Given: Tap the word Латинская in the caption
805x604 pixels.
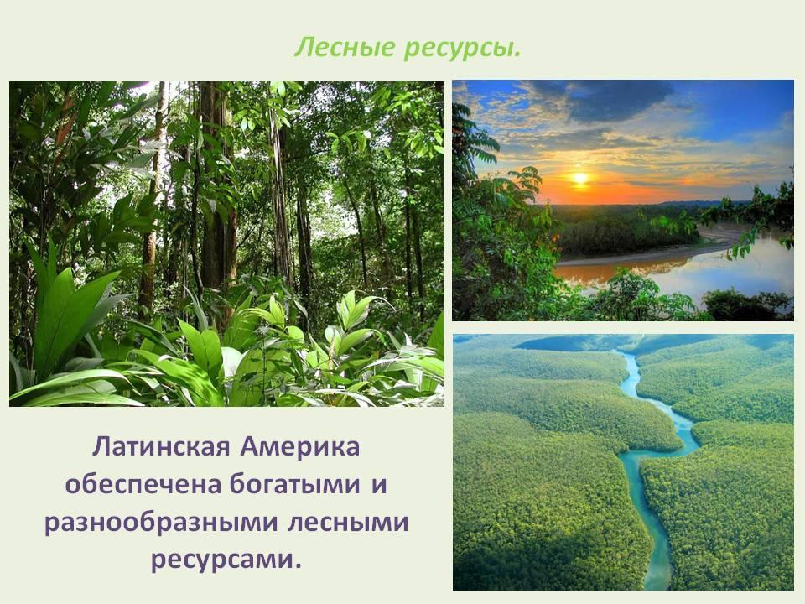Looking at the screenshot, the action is coord(161,446).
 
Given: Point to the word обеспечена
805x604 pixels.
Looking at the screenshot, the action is coord(143,484).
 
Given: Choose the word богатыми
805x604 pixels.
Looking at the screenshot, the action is coord(294,484).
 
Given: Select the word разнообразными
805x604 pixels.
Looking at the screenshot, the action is coord(161,523).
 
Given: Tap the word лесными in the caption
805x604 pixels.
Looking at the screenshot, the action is coord(348,523).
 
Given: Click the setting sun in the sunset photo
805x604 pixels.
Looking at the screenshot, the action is coord(580,178).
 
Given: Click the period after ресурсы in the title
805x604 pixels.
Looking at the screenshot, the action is coord(517,55).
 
